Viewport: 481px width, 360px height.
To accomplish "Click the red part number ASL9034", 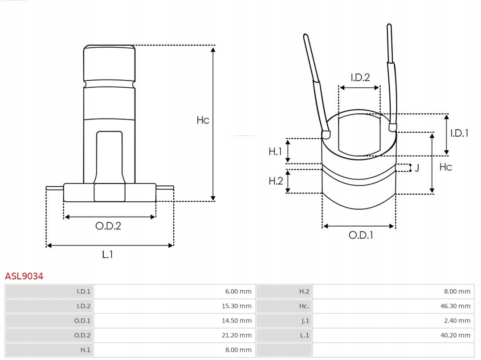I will click(24, 276).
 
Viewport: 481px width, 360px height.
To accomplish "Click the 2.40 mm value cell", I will click(457, 320).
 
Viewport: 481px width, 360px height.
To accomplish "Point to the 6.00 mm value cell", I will click(238, 291).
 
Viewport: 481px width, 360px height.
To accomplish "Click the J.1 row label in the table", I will click(305, 320).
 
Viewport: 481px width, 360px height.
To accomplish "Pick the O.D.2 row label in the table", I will click(82, 335).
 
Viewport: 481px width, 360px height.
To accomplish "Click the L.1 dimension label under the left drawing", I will click(108, 254).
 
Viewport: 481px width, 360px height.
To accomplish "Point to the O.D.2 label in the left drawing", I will click(108, 226).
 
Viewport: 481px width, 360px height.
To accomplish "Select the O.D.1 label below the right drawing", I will click(361, 235).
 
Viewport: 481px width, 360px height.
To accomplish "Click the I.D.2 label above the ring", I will click(360, 78).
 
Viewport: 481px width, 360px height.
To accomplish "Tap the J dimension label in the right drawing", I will click(417, 168).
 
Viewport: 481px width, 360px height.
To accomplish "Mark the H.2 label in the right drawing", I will click(276, 180).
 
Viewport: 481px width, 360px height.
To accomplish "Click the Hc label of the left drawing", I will click(203, 120).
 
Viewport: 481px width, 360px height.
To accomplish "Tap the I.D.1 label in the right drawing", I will click(459, 133).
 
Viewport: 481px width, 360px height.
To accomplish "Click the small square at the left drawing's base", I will click(110, 192).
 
